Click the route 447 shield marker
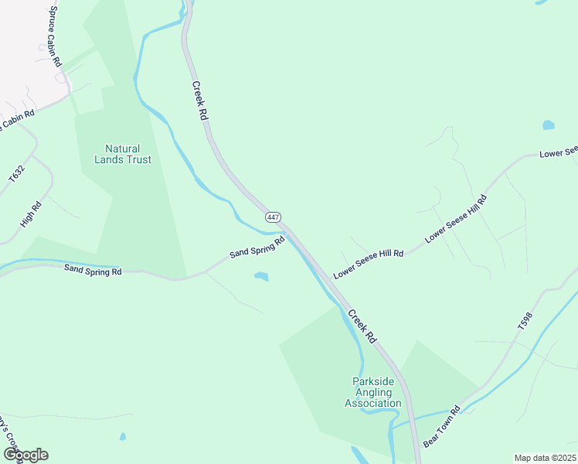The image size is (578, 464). [x=273, y=217]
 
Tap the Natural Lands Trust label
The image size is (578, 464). [x=122, y=154]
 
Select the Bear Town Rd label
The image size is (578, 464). [x=442, y=426]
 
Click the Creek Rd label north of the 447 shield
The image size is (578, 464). [x=201, y=100]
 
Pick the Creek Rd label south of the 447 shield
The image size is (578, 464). [x=361, y=326]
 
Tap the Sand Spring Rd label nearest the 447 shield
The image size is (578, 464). [x=257, y=249]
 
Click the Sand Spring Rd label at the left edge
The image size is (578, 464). [x=93, y=271]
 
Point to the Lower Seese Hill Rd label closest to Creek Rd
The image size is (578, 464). [x=369, y=264]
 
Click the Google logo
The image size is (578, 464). [x=25, y=455]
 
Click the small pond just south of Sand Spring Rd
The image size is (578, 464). [x=261, y=276]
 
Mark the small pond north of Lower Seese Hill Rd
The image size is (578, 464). [x=549, y=125]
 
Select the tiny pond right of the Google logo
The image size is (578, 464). [x=123, y=437]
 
